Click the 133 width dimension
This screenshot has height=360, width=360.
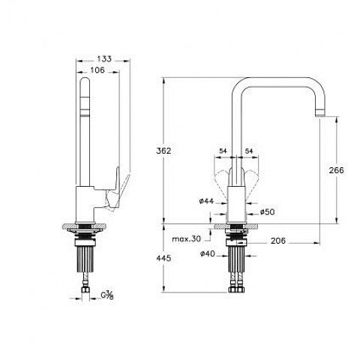point(104,59)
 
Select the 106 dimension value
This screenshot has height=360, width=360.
point(97,70)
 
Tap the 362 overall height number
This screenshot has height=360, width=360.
point(163,151)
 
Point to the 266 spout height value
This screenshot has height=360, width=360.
point(336,170)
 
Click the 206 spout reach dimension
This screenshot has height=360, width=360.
point(278,241)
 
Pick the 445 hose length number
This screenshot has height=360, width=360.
point(163,258)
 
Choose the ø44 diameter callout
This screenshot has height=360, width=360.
point(206,201)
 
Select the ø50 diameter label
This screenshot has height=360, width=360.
point(267,211)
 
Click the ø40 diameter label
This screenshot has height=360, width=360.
point(208,253)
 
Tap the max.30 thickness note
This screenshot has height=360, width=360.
point(186,238)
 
